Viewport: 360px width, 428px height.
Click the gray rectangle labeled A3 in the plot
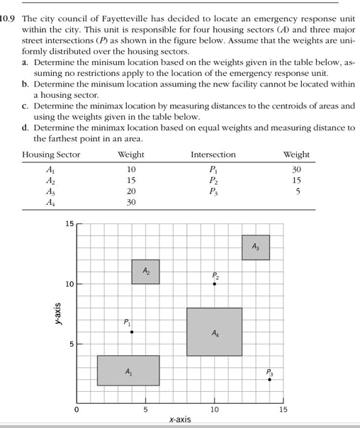click(255, 247)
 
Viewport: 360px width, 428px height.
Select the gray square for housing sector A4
click(214, 332)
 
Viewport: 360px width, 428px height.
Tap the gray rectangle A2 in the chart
click(145, 271)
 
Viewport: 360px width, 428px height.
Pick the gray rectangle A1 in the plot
click(128, 371)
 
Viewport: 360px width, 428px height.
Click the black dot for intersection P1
click(131, 332)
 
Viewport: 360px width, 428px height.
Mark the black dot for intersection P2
click(214, 283)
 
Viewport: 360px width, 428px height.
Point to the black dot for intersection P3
click(269, 380)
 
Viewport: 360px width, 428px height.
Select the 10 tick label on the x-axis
click(214, 410)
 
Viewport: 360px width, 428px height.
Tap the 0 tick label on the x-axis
click(77, 410)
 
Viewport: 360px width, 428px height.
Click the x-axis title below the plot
click(180, 420)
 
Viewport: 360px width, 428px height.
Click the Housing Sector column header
click(51, 155)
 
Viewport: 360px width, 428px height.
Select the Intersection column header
click(213, 155)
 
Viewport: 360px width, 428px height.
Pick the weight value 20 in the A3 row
click(130, 191)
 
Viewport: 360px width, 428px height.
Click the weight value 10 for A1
click(130, 169)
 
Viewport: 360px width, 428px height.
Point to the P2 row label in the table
click(213, 181)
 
